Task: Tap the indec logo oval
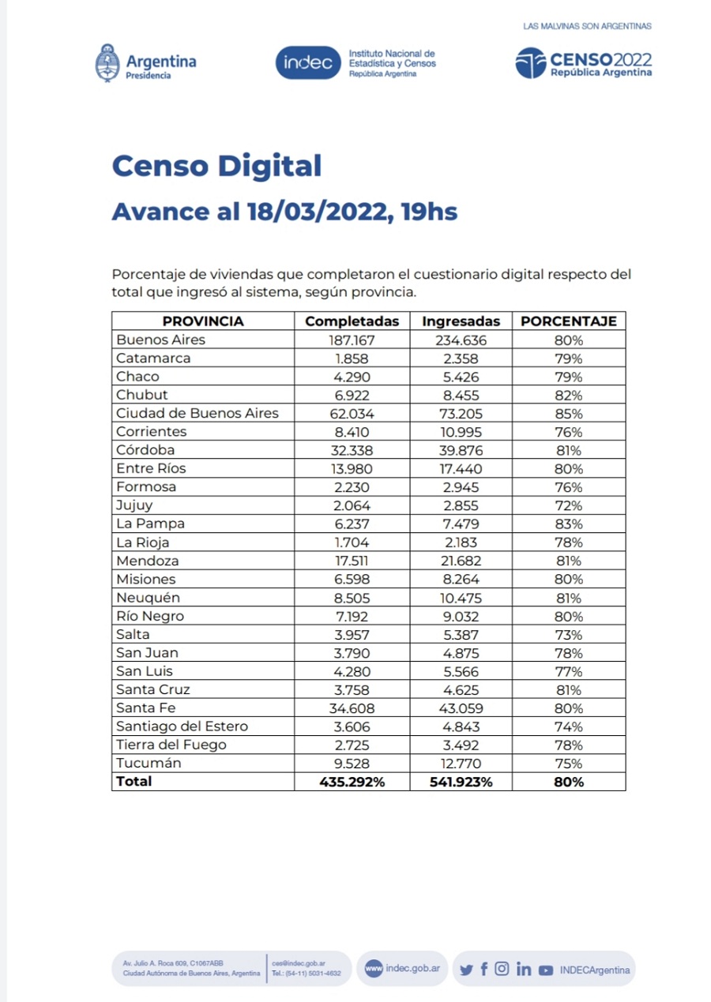pos(308,63)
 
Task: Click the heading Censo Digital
pos(216,166)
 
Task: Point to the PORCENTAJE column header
pos(568,321)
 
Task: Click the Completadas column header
pos(352,321)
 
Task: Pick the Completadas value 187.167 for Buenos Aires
pos(352,340)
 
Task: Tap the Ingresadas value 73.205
pos(461,414)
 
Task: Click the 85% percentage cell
pos(568,414)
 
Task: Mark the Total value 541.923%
pos(461,782)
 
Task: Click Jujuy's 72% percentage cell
pos(568,505)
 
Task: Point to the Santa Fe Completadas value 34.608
pos(352,708)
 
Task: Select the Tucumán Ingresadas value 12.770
pos(461,764)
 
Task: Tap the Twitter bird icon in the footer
pos(466,969)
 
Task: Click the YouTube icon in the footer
pos(546,970)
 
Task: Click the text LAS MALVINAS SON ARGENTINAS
pos(587,26)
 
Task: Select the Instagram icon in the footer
pos(502,969)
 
